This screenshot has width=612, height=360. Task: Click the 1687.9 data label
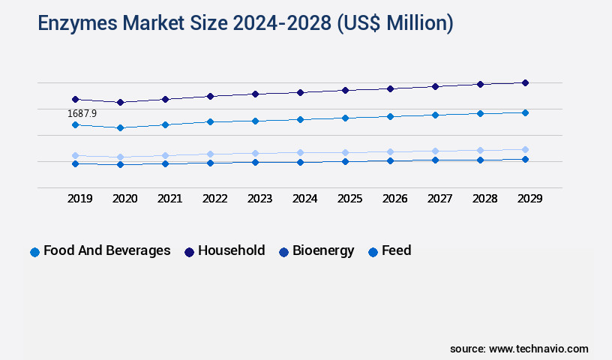coord(82,113)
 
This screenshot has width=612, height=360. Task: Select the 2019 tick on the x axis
coord(79,199)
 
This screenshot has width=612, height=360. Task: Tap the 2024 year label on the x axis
coord(304,199)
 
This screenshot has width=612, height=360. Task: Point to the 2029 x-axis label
coord(529,199)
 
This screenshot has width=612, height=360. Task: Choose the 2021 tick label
coord(169,199)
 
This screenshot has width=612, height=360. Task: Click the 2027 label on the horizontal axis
coord(439,199)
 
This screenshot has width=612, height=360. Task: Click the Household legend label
coord(231,250)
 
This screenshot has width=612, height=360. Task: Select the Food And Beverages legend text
coord(106,250)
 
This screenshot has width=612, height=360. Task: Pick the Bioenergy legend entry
coord(323,250)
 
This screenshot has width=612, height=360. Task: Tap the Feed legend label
coord(396,250)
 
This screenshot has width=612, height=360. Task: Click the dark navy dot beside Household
coord(189,252)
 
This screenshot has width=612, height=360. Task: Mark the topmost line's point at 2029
coord(525,82)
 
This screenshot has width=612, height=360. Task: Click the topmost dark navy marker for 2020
coord(120,102)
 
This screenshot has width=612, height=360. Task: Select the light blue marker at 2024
coord(300,152)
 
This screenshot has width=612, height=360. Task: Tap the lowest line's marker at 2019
coord(75,163)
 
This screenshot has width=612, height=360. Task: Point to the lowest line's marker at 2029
coord(525,159)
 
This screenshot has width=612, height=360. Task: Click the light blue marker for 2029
coord(525,149)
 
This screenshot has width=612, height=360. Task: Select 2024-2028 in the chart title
coord(271,24)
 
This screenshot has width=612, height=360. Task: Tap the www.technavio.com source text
coord(538,349)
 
